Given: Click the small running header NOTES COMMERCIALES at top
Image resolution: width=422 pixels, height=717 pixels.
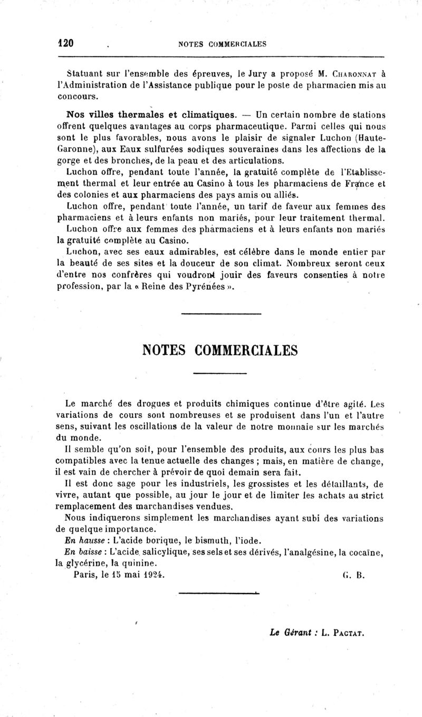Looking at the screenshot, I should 223,44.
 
